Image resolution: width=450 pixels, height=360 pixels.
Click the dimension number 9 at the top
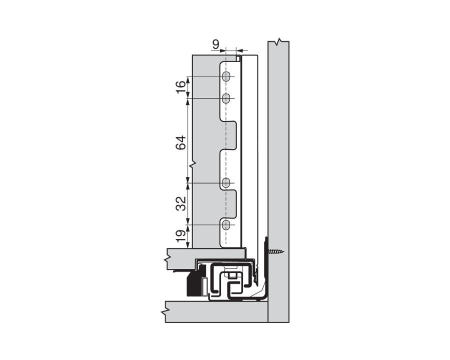point(215,44)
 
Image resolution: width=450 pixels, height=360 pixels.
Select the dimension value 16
point(181,87)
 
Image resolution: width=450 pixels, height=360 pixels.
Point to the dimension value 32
point(181,203)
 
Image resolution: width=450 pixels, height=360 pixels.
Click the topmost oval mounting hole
point(226,76)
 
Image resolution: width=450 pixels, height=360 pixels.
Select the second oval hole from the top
point(226,98)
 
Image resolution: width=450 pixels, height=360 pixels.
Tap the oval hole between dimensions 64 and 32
point(226,182)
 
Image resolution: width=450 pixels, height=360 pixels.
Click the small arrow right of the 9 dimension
point(239,50)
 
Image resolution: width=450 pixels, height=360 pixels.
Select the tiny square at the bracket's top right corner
point(238,59)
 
